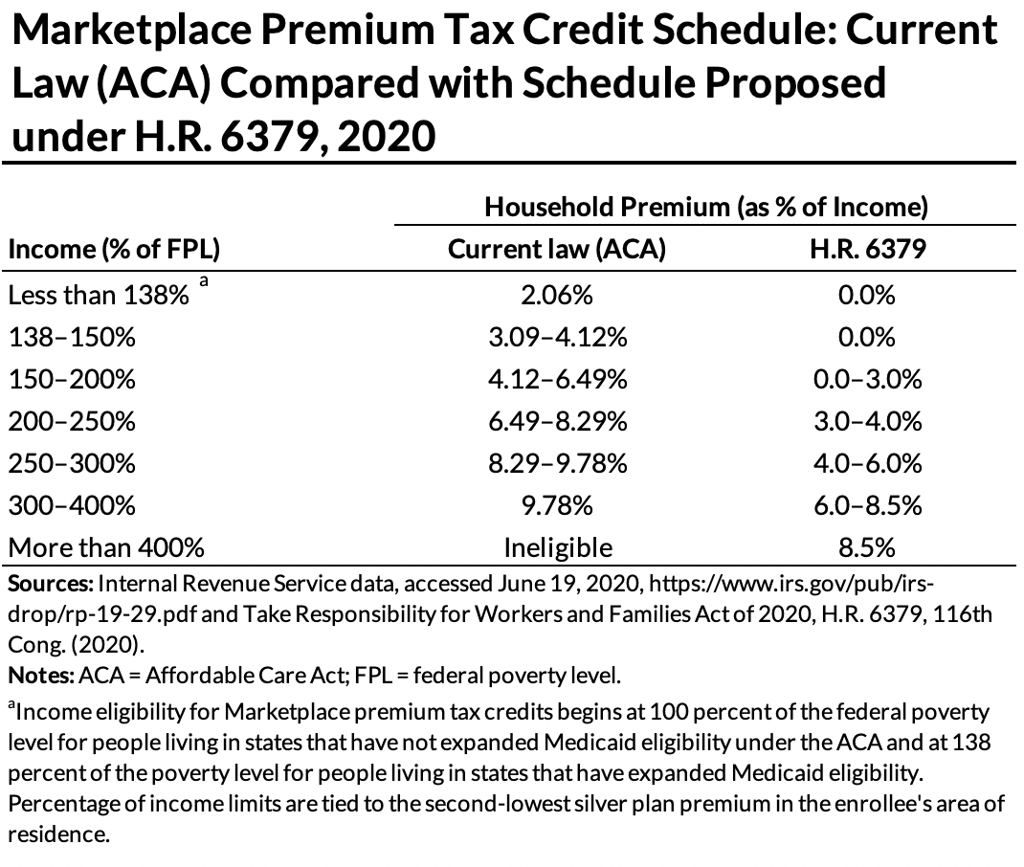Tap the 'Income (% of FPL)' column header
[x=114, y=250]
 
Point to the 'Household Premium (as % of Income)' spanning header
[x=705, y=206]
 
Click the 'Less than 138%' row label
[x=98, y=296]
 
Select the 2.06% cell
[x=557, y=296]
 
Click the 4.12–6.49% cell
[x=557, y=380]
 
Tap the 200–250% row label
[x=72, y=422]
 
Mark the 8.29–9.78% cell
[x=557, y=464]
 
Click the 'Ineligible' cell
[x=557, y=548]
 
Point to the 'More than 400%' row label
[x=105, y=548]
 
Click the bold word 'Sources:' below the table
[x=50, y=585]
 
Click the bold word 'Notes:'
[x=39, y=676]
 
